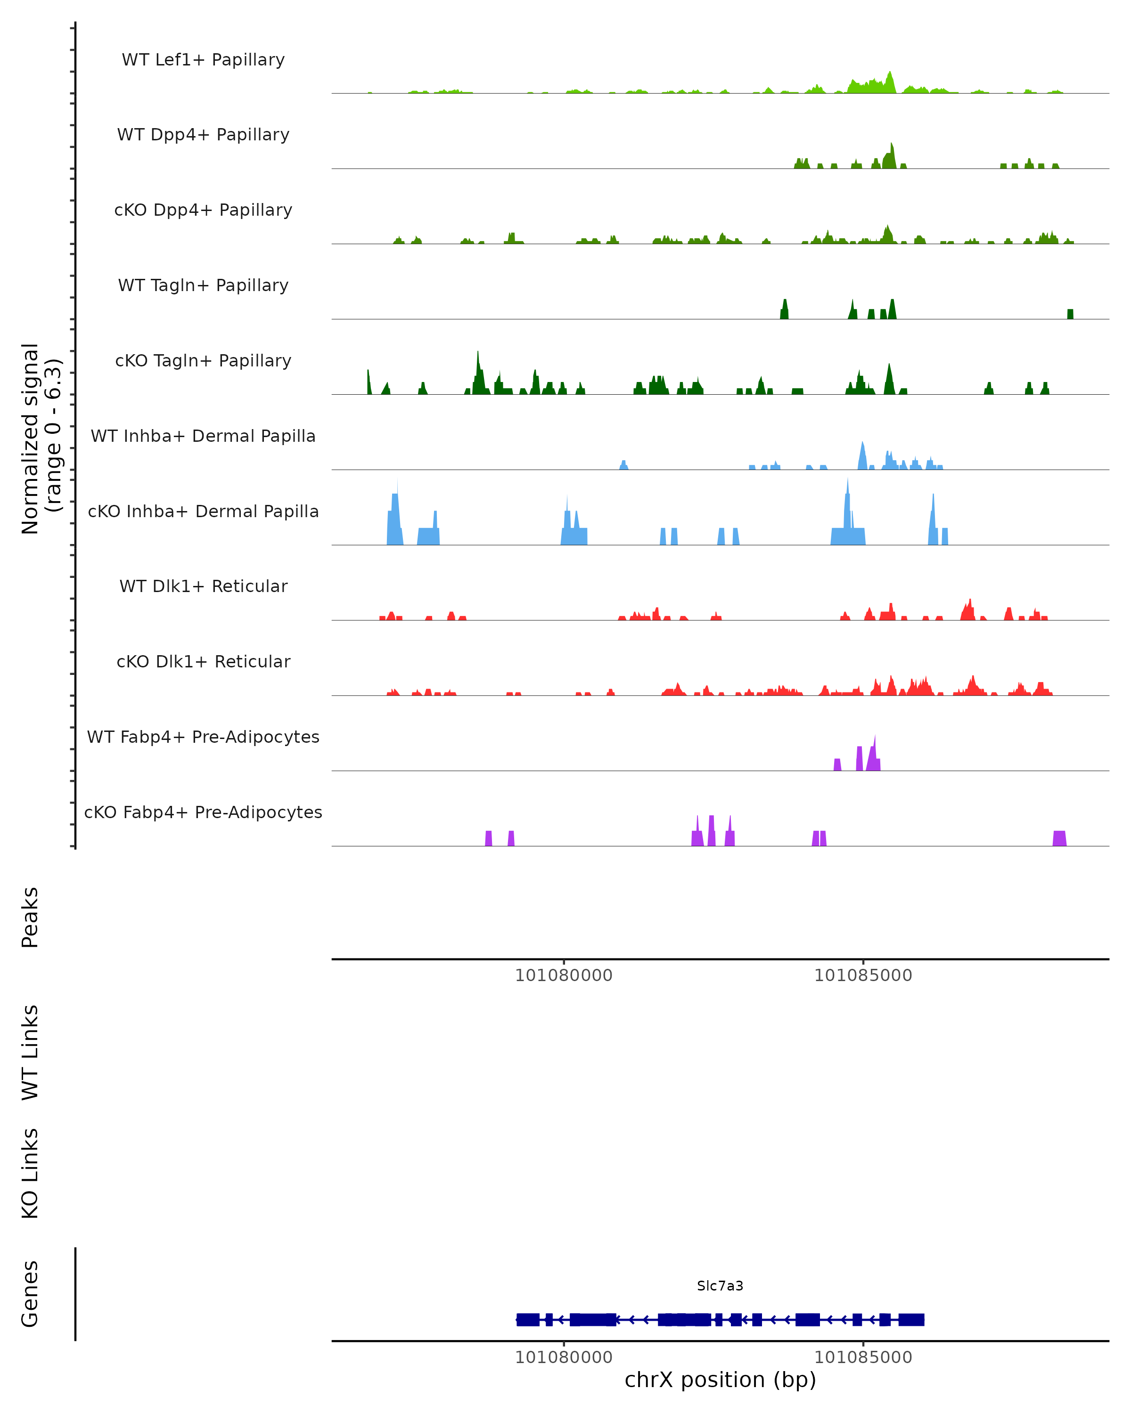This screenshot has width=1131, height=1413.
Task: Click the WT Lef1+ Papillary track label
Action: (x=203, y=60)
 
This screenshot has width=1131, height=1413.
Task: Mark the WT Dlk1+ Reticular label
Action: (x=203, y=586)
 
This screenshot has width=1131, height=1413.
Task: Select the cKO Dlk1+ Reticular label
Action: (x=203, y=661)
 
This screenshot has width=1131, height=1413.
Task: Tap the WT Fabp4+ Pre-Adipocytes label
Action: (x=203, y=737)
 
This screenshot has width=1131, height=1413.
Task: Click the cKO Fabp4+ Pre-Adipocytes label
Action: (x=203, y=812)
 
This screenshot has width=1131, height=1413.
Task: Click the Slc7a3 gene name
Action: (x=720, y=1286)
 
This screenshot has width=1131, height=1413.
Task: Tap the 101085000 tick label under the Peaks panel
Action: (x=863, y=975)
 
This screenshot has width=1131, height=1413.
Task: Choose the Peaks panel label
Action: (x=30, y=918)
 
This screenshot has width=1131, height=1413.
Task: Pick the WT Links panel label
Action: (x=30, y=1053)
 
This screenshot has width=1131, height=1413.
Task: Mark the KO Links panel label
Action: (x=30, y=1173)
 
